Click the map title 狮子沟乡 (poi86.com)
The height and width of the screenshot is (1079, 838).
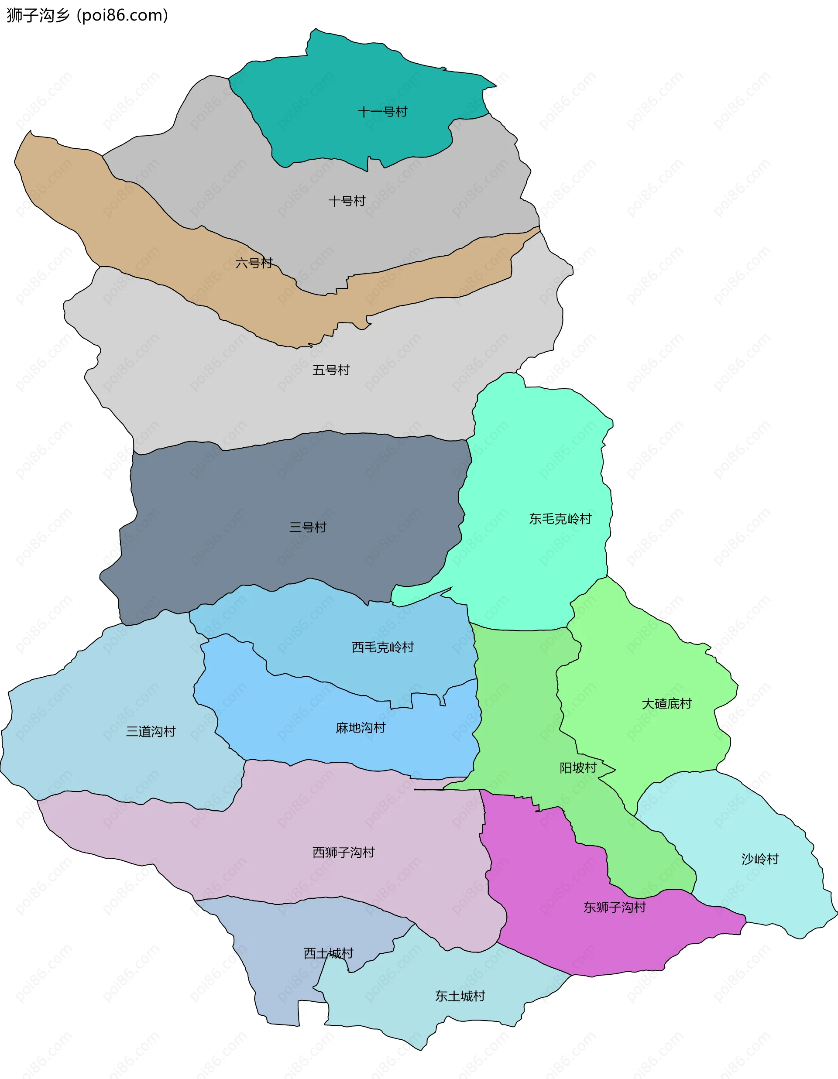(87, 15)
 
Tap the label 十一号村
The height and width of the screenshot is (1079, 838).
(382, 112)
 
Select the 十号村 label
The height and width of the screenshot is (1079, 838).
(347, 201)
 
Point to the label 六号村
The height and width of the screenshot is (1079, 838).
(254, 263)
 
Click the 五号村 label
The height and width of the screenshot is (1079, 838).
(331, 370)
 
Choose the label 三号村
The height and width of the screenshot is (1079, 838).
(308, 527)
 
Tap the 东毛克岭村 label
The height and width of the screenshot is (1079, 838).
(560, 519)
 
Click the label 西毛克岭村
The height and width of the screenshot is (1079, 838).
(383, 647)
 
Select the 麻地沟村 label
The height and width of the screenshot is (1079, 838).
(361, 728)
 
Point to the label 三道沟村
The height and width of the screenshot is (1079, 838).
(151, 731)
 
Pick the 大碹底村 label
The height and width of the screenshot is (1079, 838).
(666, 703)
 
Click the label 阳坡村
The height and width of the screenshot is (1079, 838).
(578, 768)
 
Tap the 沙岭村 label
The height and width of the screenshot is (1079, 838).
(760, 859)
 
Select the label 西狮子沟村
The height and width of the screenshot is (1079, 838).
(343, 852)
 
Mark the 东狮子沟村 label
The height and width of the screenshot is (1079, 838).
(615, 907)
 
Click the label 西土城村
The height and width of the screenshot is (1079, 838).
(329, 953)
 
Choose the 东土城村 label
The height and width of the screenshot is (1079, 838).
(460, 996)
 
